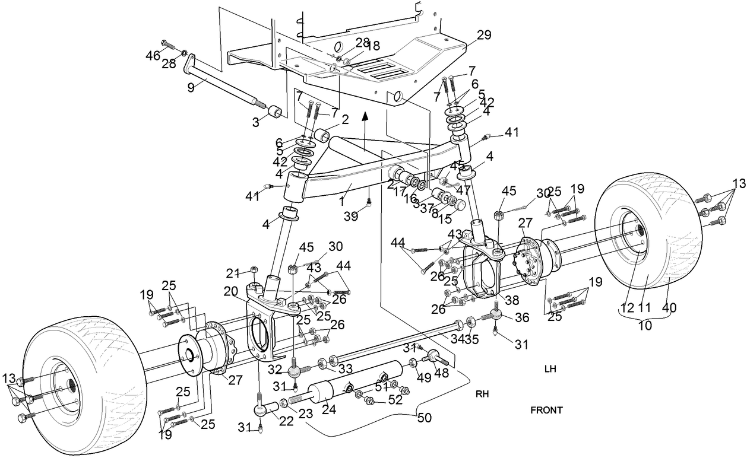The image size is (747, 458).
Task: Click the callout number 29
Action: point(484,35)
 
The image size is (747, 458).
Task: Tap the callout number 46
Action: point(153,55)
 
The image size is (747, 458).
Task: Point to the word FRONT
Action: point(546,410)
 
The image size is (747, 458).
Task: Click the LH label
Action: point(550,368)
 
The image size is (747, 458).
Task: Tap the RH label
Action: point(482,393)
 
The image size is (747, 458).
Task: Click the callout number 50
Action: point(424,418)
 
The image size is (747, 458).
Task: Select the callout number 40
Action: point(670,308)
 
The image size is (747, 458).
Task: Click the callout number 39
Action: point(352,217)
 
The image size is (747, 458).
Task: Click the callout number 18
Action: point(373,44)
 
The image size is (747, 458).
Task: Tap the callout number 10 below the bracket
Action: point(644,326)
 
